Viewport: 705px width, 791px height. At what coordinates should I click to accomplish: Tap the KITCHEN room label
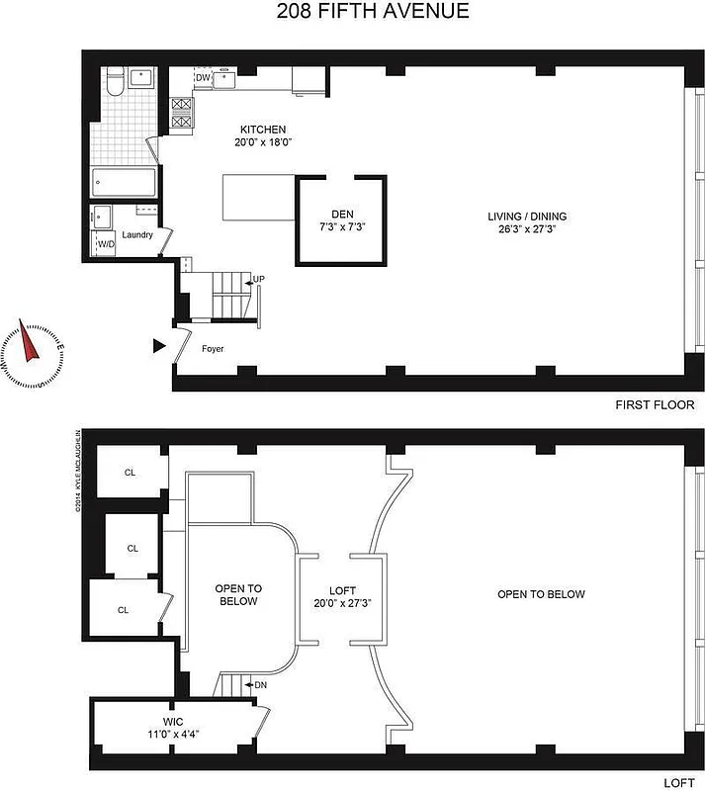[263, 130]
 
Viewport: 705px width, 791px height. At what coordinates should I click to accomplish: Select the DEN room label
[342, 215]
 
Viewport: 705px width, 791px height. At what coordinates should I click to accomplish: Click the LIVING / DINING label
[527, 217]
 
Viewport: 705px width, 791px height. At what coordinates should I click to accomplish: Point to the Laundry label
[137, 234]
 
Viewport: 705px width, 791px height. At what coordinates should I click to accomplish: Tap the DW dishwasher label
[202, 77]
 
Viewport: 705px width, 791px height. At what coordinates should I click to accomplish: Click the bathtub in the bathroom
[124, 183]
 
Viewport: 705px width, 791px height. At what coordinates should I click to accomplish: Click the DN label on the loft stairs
[260, 684]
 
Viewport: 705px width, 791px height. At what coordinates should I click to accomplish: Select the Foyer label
[213, 348]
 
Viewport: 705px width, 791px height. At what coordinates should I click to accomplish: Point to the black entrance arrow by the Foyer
[159, 346]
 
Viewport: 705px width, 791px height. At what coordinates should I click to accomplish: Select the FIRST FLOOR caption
[655, 405]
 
